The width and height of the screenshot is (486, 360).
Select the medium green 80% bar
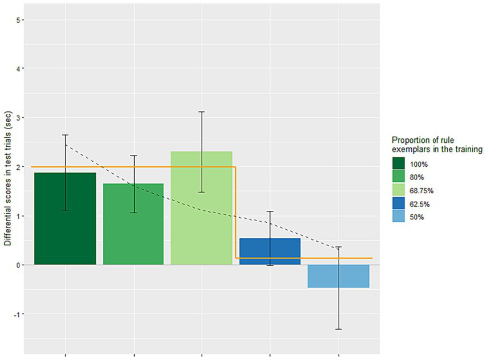point(134,229)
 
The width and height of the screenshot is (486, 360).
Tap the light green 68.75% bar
point(202,217)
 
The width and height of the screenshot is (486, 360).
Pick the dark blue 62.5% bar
point(270,251)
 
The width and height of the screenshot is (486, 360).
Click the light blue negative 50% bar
point(338,277)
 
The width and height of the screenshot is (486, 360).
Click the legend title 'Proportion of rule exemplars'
point(437,145)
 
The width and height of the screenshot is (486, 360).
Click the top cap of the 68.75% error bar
point(202,111)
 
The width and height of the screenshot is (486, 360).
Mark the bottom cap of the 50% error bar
point(338,329)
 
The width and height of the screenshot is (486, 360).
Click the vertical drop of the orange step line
point(236,213)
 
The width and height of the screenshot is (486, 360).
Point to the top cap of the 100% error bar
point(65,135)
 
